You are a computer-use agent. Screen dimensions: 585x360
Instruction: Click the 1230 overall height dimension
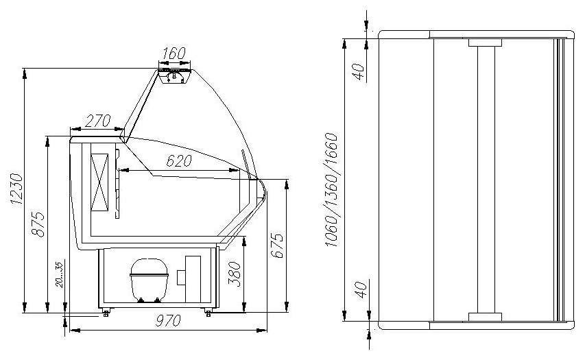tap(16, 189)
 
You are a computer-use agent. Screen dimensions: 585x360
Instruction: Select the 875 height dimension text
tap(38, 224)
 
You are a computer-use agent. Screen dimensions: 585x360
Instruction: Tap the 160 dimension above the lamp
tap(174, 53)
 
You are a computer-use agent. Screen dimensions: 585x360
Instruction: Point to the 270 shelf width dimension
tap(98, 121)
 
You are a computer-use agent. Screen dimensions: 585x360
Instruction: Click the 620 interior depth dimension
tap(179, 160)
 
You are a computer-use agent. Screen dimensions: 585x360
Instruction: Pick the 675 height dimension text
tap(277, 245)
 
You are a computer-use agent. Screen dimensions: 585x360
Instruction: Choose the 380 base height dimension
tap(235, 274)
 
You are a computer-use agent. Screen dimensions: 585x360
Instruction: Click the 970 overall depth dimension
tap(168, 320)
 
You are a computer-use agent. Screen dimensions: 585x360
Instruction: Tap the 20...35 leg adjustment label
tap(59, 274)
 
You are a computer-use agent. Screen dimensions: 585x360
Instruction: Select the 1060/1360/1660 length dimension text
tap(331, 189)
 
